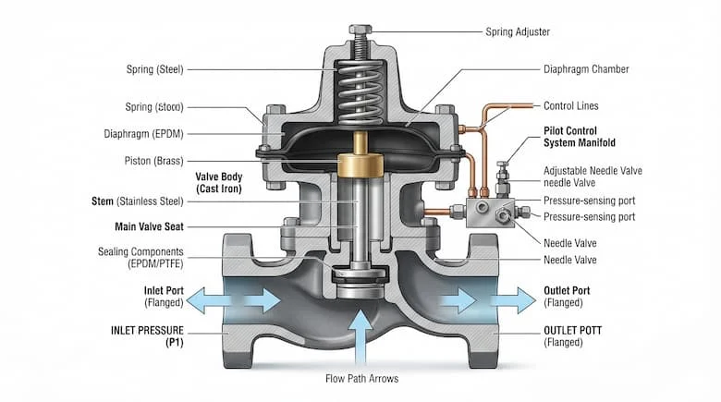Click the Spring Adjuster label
coord(518,31)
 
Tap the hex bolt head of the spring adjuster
coord(360,30)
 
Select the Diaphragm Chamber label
coord(586,69)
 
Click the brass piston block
coord(360,164)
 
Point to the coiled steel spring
coord(360,93)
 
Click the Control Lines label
coord(571,105)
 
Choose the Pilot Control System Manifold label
coord(580,137)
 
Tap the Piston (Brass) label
coord(154,161)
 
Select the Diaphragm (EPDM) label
coord(143,134)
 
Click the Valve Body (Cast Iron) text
coord(219,183)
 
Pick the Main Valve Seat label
coord(149,226)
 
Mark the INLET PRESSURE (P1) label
coord(147,336)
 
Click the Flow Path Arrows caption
coord(361,379)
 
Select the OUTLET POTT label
coord(573,330)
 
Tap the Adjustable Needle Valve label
coord(593,177)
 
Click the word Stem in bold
coord(103,201)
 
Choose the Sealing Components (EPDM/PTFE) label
coord(141,258)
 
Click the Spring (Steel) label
coord(155,69)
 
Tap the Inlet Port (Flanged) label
coord(164,297)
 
